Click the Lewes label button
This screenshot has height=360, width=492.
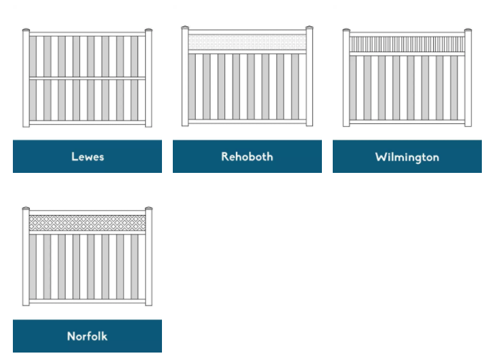click(x=87, y=157)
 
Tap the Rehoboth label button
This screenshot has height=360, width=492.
click(x=247, y=157)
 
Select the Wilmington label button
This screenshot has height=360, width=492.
click(x=407, y=157)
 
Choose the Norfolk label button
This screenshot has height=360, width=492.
click(x=87, y=336)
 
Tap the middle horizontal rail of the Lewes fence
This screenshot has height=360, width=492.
click(x=87, y=79)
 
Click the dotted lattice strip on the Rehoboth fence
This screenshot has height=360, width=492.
click(x=247, y=43)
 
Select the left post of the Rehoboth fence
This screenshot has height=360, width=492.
click(x=185, y=78)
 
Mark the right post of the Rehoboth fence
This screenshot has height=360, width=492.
click(x=309, y=78)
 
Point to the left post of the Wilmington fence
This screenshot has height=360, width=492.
click(x=346, y=80)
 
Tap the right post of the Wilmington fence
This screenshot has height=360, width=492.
click(x=468, y=80)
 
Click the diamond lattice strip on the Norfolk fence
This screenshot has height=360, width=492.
click(x=87, y=222)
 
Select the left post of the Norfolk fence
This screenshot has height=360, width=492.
click(x=26, y=258)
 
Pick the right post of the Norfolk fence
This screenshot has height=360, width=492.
click(x=148, y=258)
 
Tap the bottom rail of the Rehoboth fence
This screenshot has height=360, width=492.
click(x=247, y=122)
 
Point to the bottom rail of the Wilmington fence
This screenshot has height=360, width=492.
click(x=407, y=122)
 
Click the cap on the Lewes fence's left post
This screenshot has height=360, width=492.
click(x=26, y=31)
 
